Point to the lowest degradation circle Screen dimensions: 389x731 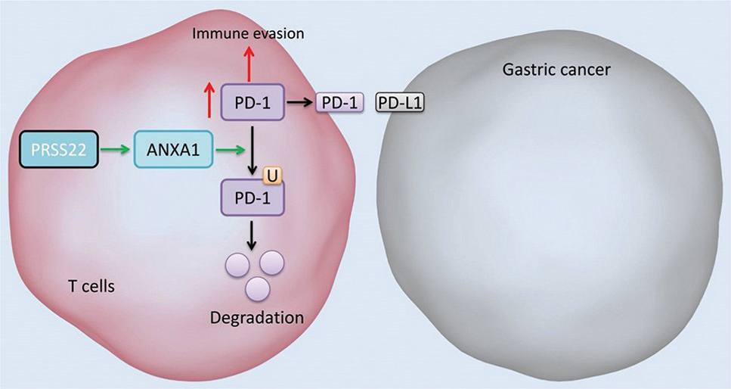tap(258, 288)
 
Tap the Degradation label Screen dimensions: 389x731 tap(257, 317)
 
